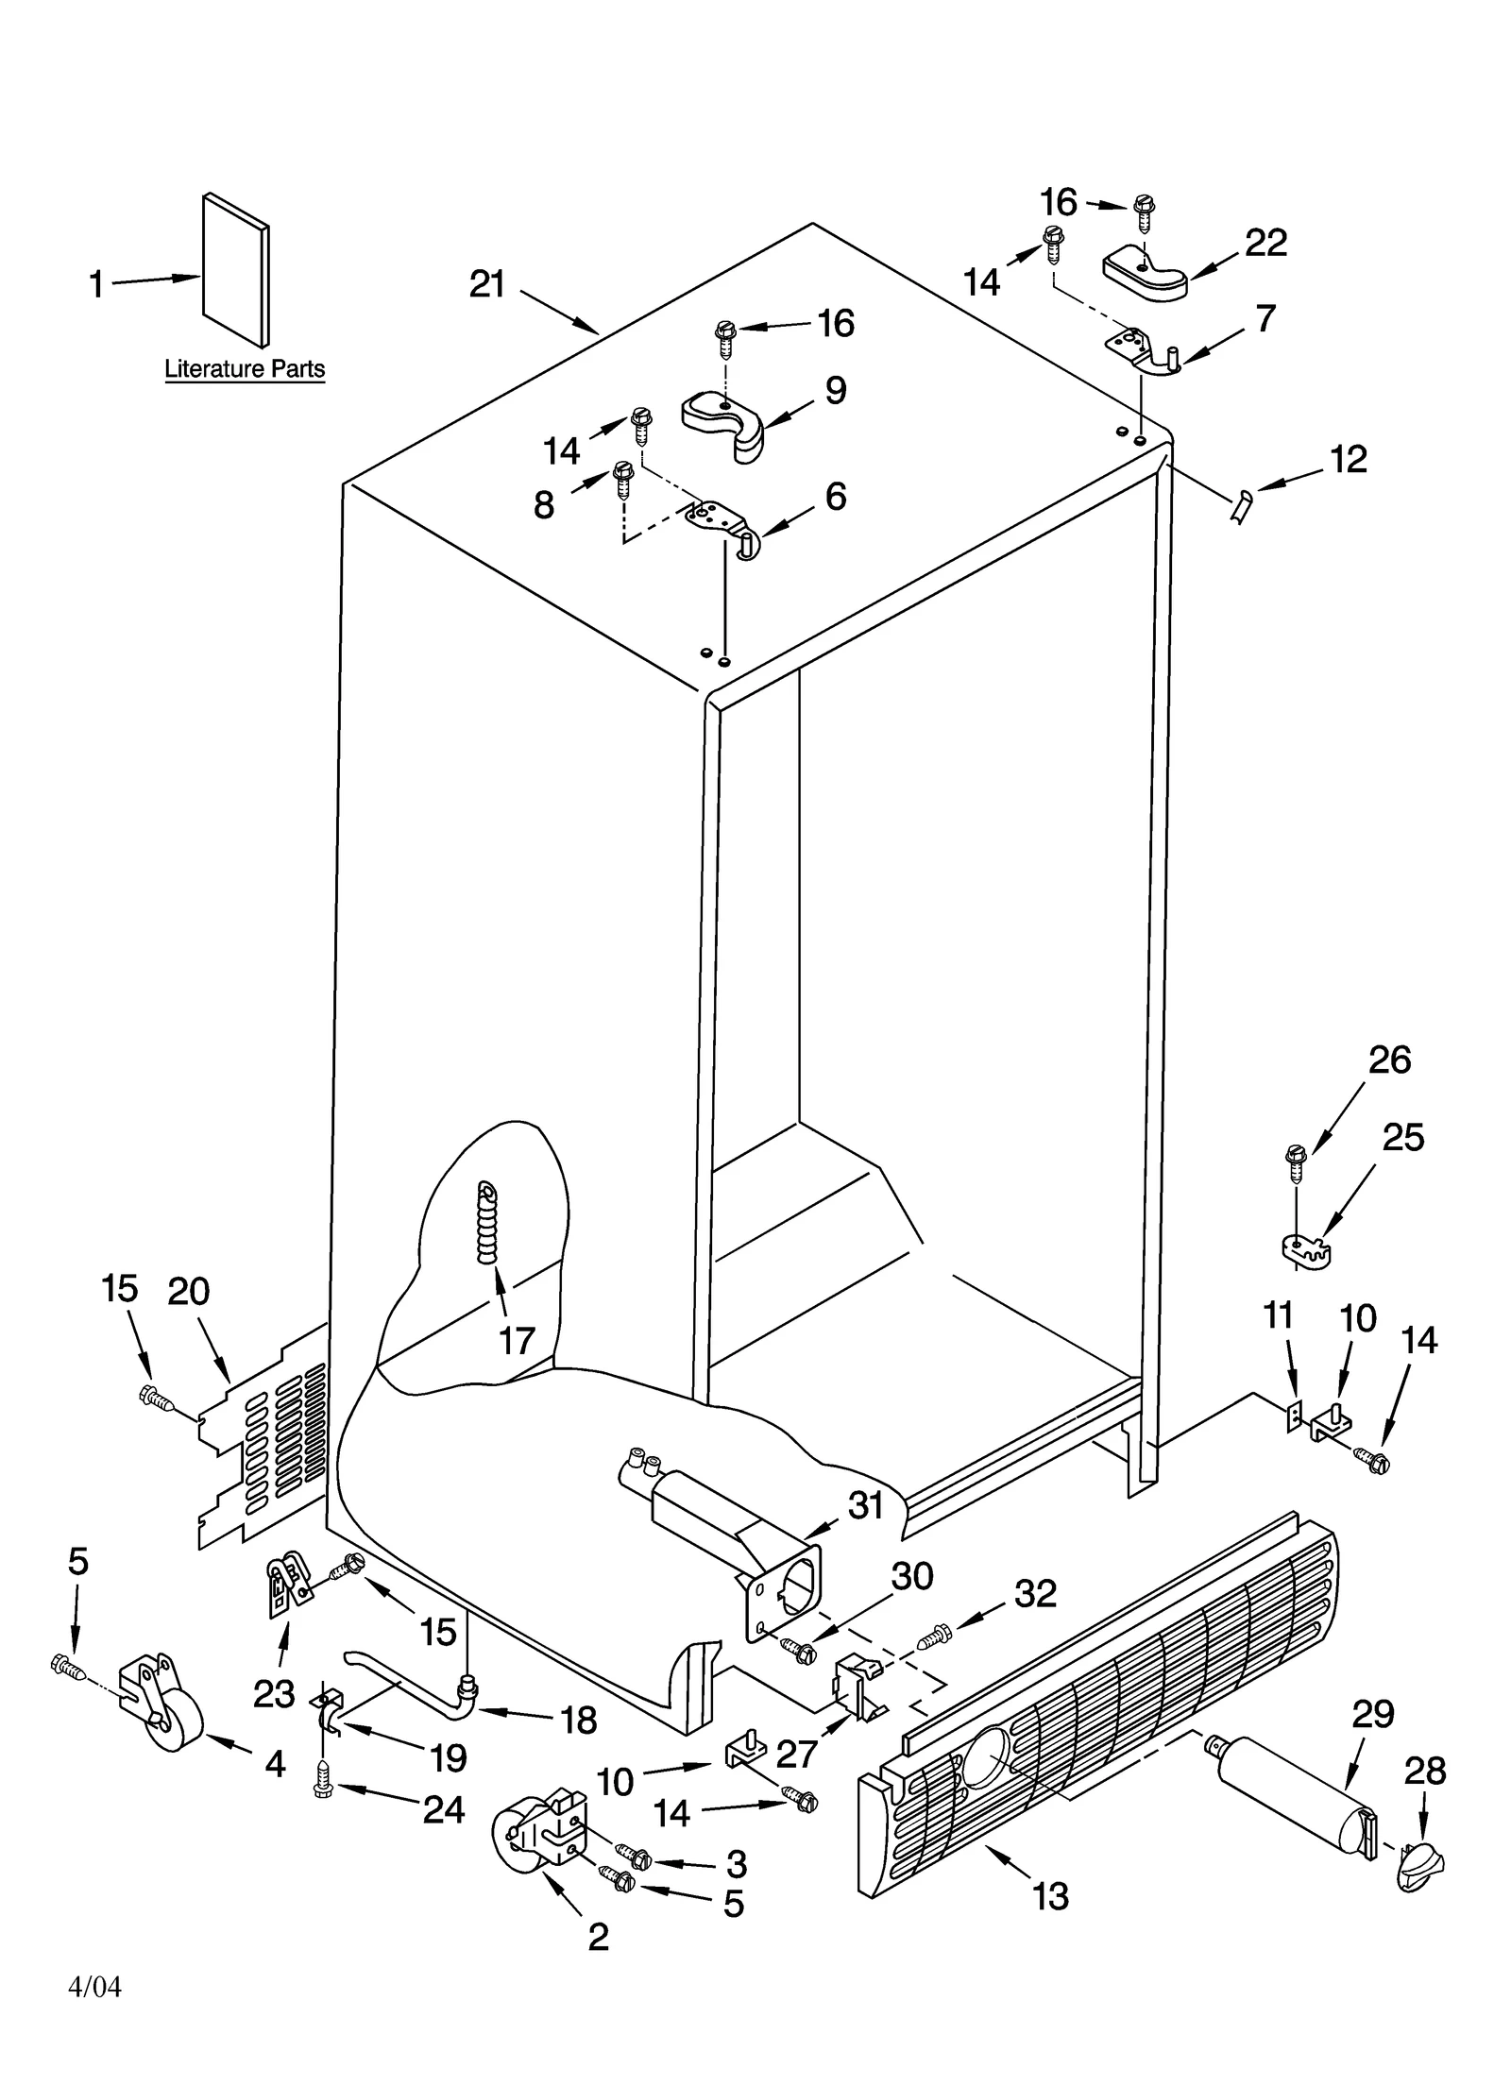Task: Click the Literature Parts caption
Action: click(x=245, y=368)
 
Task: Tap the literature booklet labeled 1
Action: click(x=235, y=271)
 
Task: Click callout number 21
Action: click(x=487, y=283)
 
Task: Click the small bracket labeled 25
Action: click(x=1308, y=1251)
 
